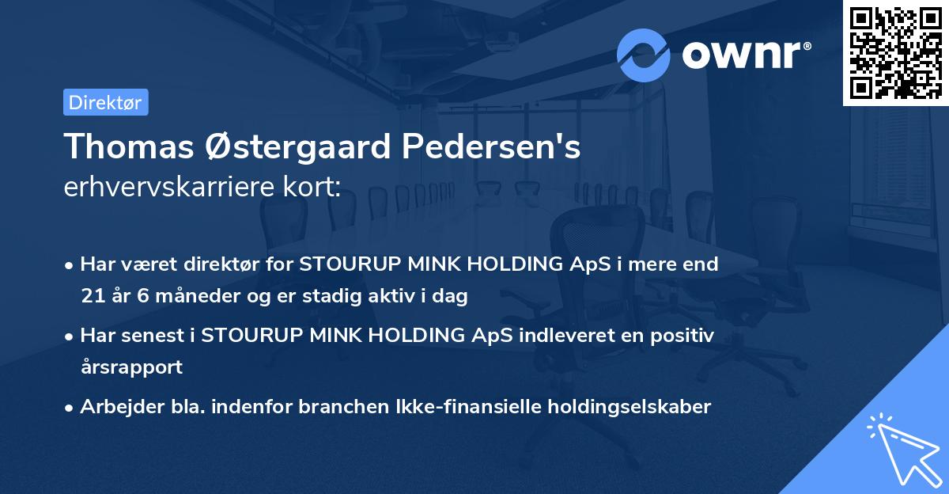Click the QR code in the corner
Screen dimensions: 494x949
click(895, 52)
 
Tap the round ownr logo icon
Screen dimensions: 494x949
click(644, 55)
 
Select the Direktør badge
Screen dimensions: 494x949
click(105, 102)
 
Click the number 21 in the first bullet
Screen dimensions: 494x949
click(91, 296)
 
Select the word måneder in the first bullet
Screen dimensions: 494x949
click(178, 296)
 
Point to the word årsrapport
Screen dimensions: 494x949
click(131, 367)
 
